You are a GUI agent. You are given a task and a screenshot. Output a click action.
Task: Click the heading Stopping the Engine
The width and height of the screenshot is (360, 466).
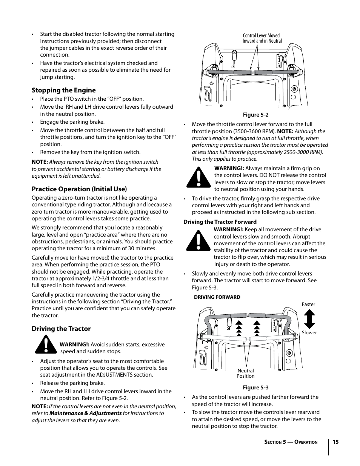coord(63,90)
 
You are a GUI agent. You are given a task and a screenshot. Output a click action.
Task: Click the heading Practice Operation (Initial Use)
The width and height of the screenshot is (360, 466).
coord(79,189)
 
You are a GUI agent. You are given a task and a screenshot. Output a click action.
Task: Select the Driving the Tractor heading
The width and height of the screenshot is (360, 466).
coord(61,329)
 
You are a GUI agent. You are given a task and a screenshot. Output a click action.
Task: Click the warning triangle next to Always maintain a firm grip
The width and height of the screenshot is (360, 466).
coord(198,178)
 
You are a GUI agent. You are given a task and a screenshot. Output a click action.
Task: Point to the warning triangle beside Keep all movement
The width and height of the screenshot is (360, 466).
coord(198,241)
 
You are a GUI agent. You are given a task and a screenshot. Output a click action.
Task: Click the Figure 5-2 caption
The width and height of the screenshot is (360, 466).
coord(255,115)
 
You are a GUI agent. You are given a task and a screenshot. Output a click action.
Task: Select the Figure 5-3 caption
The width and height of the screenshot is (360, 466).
coord(255,388)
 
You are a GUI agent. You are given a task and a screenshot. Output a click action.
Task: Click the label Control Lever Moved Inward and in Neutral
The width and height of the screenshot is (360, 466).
coord(262,38)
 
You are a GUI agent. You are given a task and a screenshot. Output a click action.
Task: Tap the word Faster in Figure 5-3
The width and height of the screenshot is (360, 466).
coord(308,305)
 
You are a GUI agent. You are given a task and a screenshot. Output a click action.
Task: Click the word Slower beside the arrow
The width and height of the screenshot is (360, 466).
coord(309,333)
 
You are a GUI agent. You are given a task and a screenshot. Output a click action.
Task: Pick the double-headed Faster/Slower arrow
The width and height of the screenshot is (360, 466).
coord(309,319)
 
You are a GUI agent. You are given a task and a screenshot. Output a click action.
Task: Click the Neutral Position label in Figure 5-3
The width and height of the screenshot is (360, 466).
coord(245,373)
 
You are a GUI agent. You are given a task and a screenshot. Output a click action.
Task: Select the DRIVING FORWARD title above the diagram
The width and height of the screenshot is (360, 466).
coord(217,297)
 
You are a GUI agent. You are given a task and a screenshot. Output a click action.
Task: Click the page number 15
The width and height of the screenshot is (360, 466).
coord(335,442)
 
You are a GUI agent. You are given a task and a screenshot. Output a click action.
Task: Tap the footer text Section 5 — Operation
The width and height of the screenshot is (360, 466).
coord(291,442)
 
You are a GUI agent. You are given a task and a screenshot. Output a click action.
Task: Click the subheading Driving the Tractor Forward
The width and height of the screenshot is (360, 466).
coord(220,222)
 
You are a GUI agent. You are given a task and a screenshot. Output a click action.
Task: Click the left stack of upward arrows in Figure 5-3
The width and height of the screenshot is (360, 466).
coord(239,328)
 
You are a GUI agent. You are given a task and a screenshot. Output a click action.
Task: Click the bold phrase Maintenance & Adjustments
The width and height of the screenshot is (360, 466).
coord(85,413)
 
